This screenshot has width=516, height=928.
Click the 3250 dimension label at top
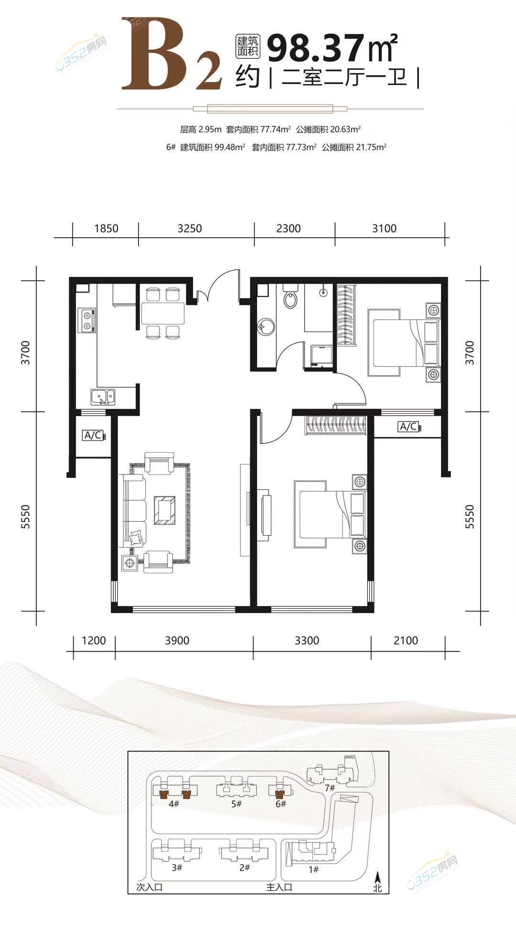pyautogui.click(x=190, y=228)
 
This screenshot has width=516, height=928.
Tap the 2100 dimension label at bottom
pyautogui.click(x=406, y=640)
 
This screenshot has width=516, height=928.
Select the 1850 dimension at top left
pyautogui.click(x=106, y=228)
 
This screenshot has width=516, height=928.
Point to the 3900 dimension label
pyautogui.click(x=177, y=640)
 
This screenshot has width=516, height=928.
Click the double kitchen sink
pyautogui.click(x=103, y=397)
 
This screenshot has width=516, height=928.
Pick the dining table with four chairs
pyautogui.click(x=162, y=313)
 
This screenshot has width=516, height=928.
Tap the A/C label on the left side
pyautogui.click(x=93, y=435)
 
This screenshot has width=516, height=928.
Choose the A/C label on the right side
pyautogui.click(x=408, y=426)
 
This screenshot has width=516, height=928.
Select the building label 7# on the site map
pyautogui.click(x=330, y=788)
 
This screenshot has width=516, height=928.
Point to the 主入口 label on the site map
pyautogui.click(x=279, y=887)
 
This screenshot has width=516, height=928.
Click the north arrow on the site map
pyautogui.click(x=378, y=877)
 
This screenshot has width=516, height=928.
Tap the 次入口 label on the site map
pyautogui.click(x=150, y=887)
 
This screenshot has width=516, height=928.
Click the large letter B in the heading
pyautogui.click(x=156, y=54)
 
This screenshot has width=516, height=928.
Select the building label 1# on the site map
pyautogui.click(x=313, y=869)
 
